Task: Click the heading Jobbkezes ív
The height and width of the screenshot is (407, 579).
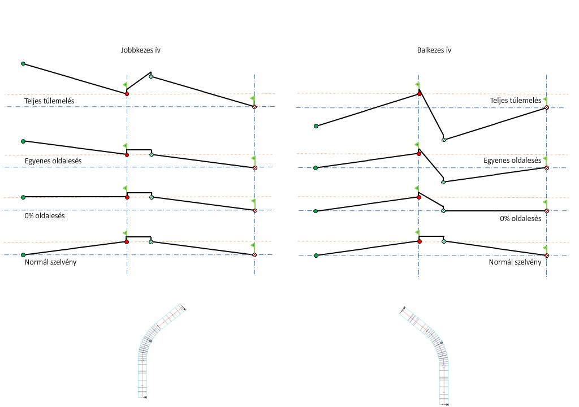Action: click(x=141, y=50)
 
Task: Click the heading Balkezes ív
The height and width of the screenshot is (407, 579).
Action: click(x=434, y=50)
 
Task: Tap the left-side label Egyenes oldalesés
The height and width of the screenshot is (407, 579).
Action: click(x=53, y=161)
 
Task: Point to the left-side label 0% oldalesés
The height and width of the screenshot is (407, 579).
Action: click(x=44, y=216)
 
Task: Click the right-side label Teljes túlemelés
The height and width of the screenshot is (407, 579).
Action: click(x=515, y=101)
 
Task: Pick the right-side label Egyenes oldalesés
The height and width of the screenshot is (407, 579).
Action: click(x=512, y=161)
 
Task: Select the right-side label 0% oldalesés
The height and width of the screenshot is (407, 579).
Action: click(x=521, y=218)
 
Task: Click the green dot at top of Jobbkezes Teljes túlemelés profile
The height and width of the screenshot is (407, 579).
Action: click(x=23, y=64)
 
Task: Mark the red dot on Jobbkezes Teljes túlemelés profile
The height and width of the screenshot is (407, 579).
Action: click(x=127, y=94)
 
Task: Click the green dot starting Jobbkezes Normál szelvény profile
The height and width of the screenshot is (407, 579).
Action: click(x=23, y=255)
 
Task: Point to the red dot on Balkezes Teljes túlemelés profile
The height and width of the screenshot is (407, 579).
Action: click(x=420, y=94)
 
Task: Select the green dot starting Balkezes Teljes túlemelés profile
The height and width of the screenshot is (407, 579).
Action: click(x=316, y=126)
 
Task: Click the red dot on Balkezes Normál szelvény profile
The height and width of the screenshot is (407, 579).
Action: click(x=420, y=241)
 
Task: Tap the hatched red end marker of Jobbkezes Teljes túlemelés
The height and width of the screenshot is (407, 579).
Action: click(x=254, y=106)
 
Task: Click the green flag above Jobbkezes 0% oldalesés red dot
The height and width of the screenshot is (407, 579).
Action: click(x=125, y=188)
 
